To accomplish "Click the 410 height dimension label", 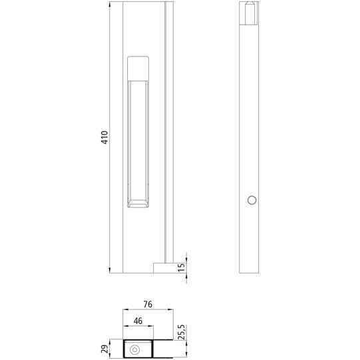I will point(103,138).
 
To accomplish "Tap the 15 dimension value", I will point(181,268).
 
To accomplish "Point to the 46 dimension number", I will point(137,321).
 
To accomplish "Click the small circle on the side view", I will point(252,200).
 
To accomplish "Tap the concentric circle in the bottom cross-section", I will point(134,349).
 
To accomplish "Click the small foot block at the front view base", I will point(163,268).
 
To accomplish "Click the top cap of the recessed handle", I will point(138,67).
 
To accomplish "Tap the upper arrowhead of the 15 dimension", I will point(186,260).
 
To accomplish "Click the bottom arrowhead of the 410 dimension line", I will point(110,270).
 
